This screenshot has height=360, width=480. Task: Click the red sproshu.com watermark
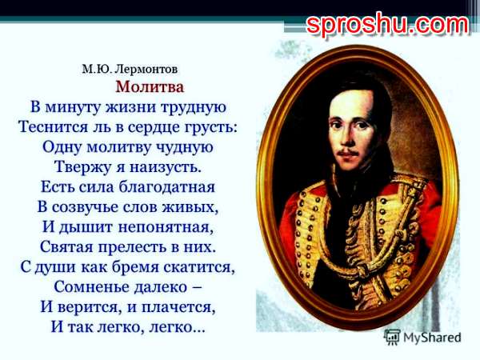(x=387, y=25)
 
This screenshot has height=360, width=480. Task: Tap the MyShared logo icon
(x=392, y=338)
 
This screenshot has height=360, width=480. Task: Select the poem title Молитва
(x=150, y=87)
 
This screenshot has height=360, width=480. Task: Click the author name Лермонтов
(x=147, y=69)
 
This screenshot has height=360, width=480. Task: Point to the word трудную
(x=194, y=108)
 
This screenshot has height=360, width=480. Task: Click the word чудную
(x=185, y=147)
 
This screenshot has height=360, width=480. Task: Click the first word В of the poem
(x=35, y=107)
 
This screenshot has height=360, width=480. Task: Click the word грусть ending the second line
(x=211, y=128)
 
